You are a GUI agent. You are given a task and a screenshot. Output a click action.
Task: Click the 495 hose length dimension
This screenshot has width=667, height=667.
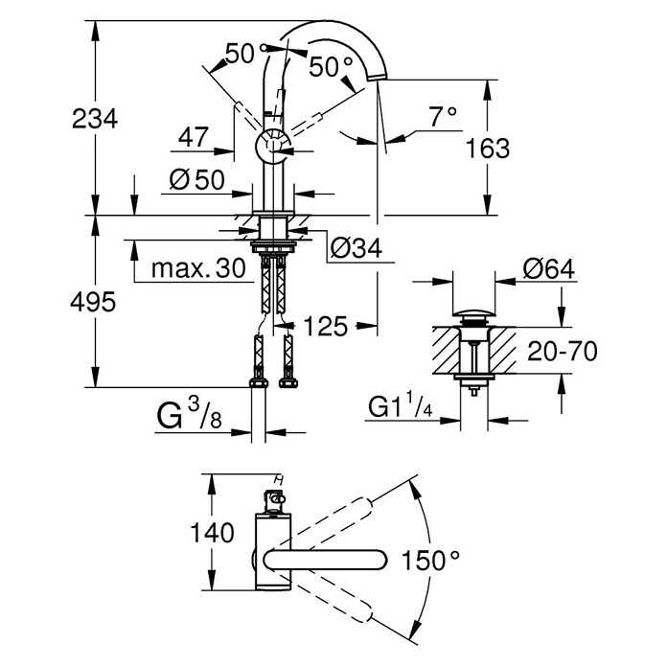coord(94,302)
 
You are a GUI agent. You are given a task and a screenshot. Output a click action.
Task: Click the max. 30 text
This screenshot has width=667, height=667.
coord(191,270)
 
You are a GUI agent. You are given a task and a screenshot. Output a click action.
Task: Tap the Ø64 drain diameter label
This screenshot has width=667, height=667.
coord(549,270)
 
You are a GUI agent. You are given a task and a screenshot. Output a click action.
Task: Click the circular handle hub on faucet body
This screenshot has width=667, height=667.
coord(271,149)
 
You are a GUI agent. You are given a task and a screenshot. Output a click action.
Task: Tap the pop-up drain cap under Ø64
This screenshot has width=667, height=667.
coord(473,315)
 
